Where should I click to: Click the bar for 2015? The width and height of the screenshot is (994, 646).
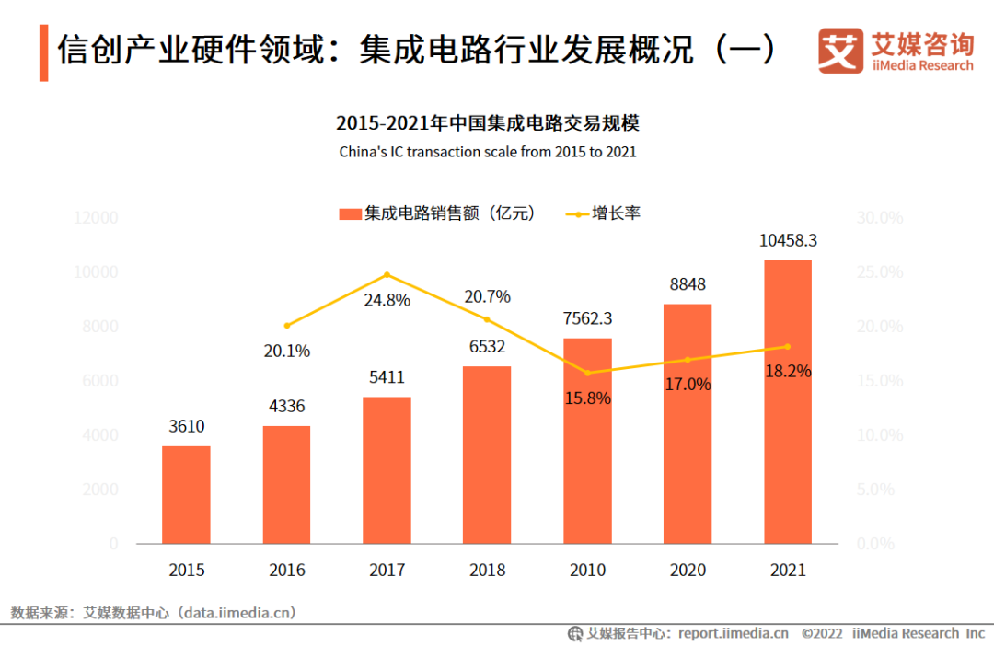point(186,495)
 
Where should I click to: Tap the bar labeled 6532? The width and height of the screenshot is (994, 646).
point(487,455)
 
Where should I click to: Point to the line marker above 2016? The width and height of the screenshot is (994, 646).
point(287,325)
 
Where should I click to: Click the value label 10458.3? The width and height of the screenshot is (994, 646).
point(788,241)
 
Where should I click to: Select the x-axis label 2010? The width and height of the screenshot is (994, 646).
point(587,570)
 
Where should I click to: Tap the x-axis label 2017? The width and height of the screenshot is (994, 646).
point(387,570)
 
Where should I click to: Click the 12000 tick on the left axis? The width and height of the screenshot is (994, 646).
point(97,218)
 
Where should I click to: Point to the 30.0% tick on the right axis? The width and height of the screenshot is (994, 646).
point(879,218)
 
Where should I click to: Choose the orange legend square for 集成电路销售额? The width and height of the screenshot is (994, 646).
point(350,213)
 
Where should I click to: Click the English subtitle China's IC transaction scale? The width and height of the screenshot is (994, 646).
point(488,152)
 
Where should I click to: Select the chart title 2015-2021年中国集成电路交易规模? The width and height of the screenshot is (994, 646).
point(488,123)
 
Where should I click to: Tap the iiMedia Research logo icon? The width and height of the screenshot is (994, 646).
point(840,50)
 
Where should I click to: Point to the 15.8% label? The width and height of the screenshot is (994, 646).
point(588,399)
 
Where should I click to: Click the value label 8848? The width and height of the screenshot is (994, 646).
point(688,284)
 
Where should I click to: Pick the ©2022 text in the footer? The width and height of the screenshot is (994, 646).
point(822,633)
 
